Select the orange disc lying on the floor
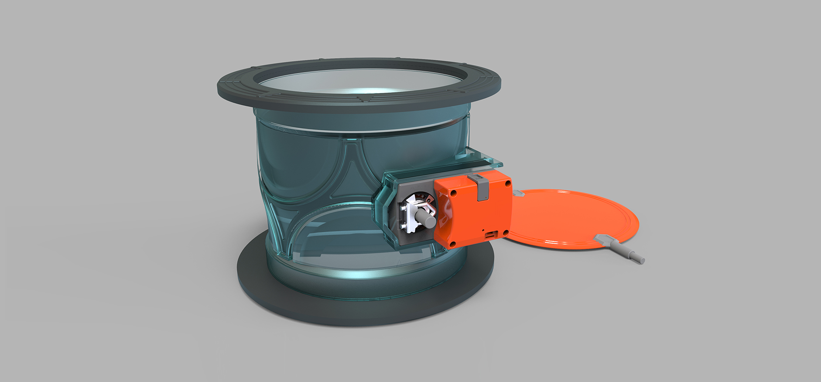click(571, 218)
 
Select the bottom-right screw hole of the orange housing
click(506, 233)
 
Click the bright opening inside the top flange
click(358, 83)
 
